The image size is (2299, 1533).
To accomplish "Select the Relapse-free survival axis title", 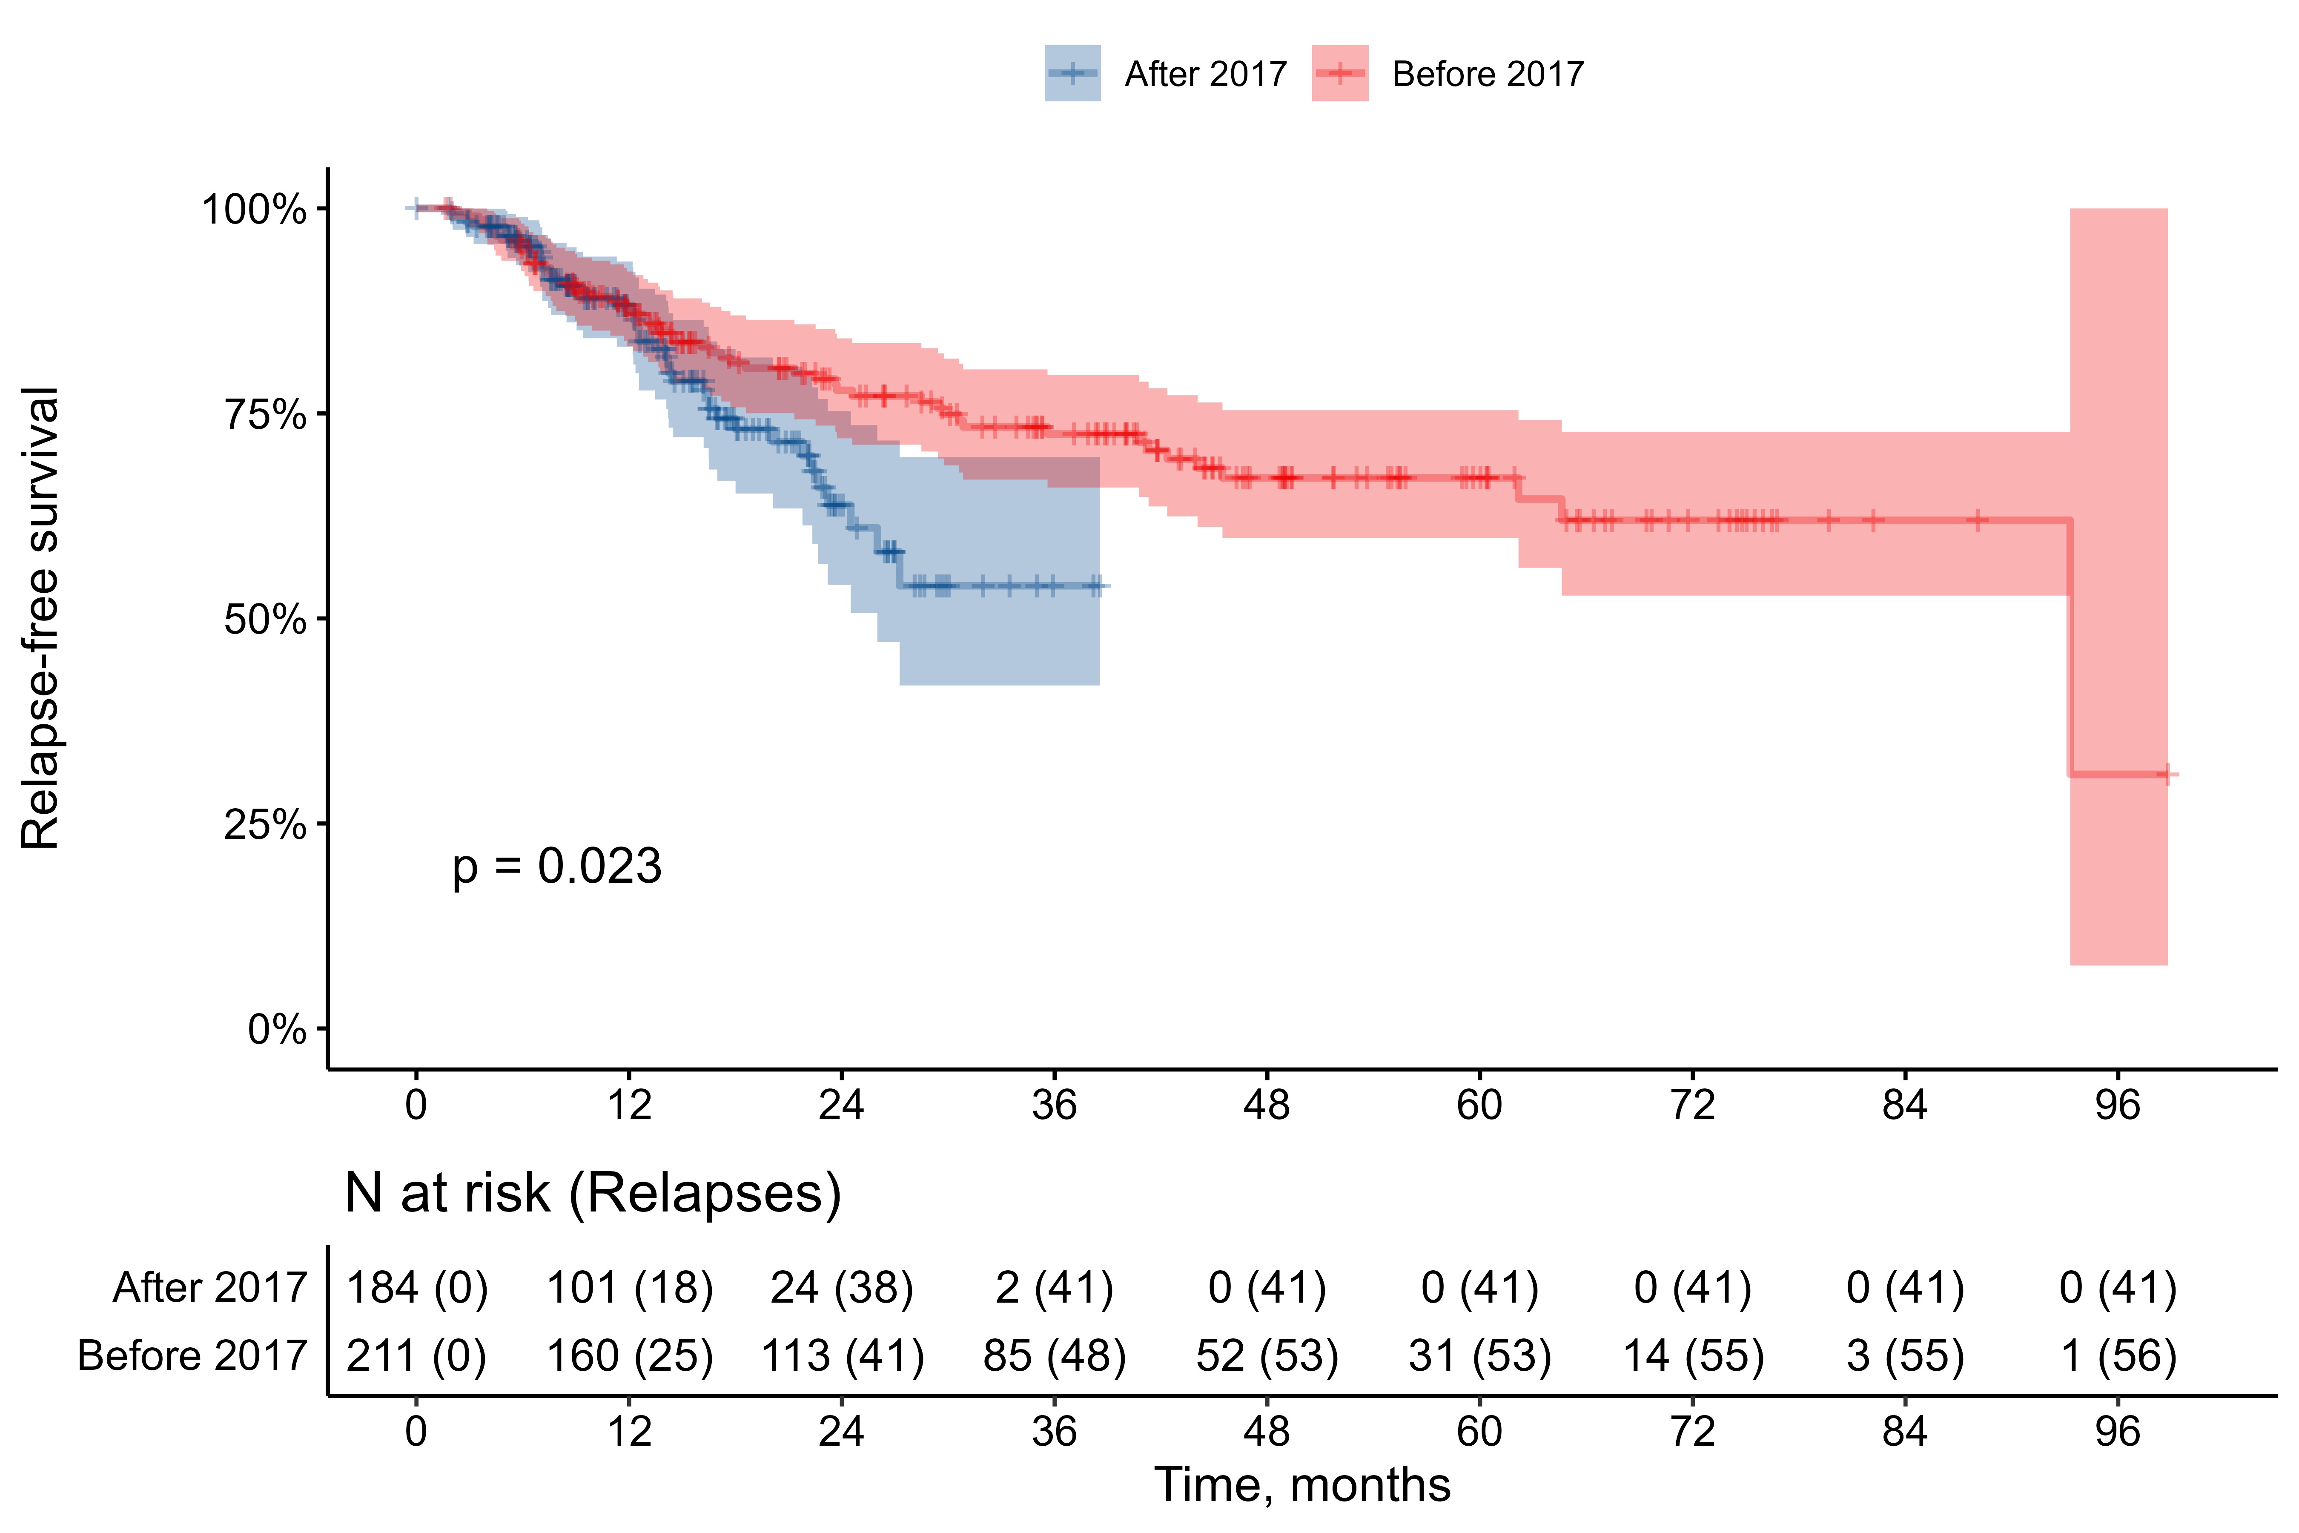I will [x=41, y=618].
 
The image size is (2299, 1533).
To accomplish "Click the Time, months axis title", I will [x=1302, y=1484].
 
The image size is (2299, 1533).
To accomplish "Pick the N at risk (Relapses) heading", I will [x=592, y=1193].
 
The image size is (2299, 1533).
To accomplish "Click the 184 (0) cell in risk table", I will [x=416, y=1288].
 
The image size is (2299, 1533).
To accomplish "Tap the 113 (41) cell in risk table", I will [x=842, y=1356].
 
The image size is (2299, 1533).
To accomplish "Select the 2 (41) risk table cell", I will [x=1054, y=1288].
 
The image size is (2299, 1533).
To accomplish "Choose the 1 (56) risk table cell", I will [x=2117, y=1356].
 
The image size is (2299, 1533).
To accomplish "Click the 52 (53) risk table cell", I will [x=1267, y=1356].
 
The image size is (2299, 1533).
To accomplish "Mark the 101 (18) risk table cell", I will [x=628, y=1288].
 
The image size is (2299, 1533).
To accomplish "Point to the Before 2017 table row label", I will [x=192, y=1356].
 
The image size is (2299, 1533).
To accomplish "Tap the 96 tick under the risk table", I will [x=2117, y=1431].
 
